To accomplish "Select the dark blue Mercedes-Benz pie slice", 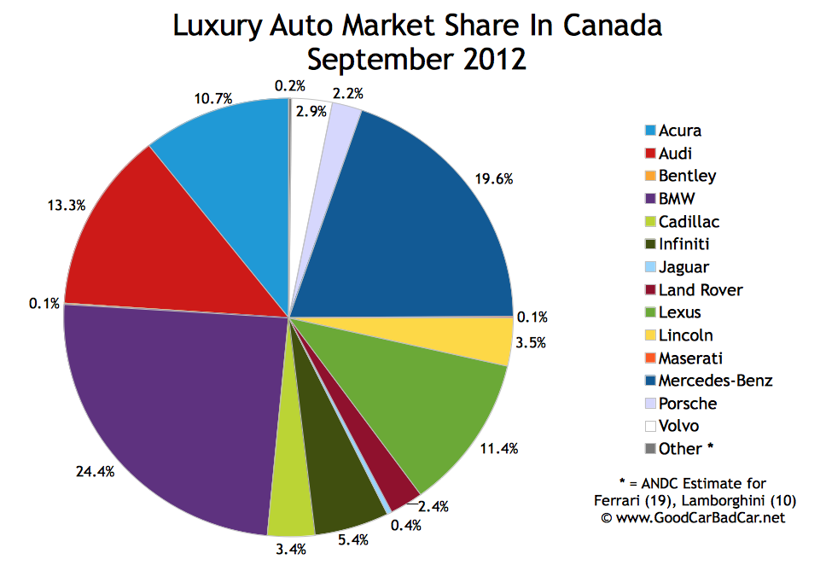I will point(410,222).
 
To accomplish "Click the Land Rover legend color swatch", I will point(651,290).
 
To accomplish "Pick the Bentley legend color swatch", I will point(651,177).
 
